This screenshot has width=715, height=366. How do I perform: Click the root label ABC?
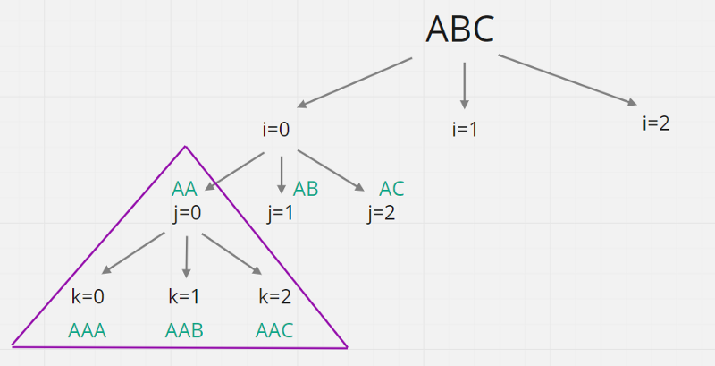point(460,29)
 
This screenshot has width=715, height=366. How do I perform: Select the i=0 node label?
point(276,129)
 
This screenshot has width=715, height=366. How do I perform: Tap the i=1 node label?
point(465,129)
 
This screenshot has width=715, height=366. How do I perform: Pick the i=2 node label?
point(656,123)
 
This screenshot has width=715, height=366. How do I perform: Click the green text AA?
point(184,189)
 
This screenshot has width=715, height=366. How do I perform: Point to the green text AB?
point(306,189)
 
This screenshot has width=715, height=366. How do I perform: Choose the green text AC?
point(391,189)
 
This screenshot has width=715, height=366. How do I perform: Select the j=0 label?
point(188,213)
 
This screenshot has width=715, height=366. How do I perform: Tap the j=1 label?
point(281,213)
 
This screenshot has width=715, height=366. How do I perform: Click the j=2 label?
point(382,213)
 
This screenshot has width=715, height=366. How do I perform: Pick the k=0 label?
point(88,297)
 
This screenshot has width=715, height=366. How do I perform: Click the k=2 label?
point(275,297)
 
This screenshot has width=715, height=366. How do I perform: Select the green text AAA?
point(88,330)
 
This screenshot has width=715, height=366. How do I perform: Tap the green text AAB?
point(184,330)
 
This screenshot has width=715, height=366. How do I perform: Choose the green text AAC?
point(274,330)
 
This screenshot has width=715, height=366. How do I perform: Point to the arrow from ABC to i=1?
point(464,85)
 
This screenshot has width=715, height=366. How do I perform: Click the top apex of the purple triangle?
point(185,147)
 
